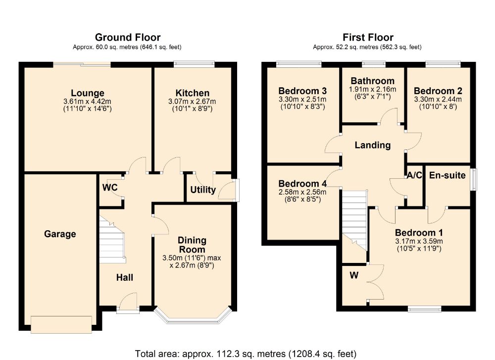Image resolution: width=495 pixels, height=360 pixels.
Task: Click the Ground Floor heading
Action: pos(127,38)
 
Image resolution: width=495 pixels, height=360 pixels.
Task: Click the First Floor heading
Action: pos(368,38)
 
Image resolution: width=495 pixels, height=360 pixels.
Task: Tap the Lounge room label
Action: pos(88,93)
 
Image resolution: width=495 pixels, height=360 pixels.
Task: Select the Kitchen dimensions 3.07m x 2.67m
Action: pos(193,102)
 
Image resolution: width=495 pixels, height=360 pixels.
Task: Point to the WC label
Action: pos(109,188)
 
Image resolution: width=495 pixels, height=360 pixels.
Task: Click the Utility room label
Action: pos(203,190)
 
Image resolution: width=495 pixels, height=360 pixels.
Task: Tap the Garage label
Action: pos(60,234)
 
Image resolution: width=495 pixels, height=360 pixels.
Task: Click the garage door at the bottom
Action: pos(61,324)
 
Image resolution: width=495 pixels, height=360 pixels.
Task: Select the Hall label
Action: pos(125,278)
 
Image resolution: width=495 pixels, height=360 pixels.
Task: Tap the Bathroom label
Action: pos(373,81)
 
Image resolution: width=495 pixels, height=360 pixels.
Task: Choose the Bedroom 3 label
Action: pos(302,91)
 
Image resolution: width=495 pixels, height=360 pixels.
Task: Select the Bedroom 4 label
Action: pos(302,184)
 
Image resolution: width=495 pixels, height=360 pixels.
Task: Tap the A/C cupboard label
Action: pos(414,175)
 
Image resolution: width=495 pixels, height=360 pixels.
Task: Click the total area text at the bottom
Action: pos(246,354)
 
